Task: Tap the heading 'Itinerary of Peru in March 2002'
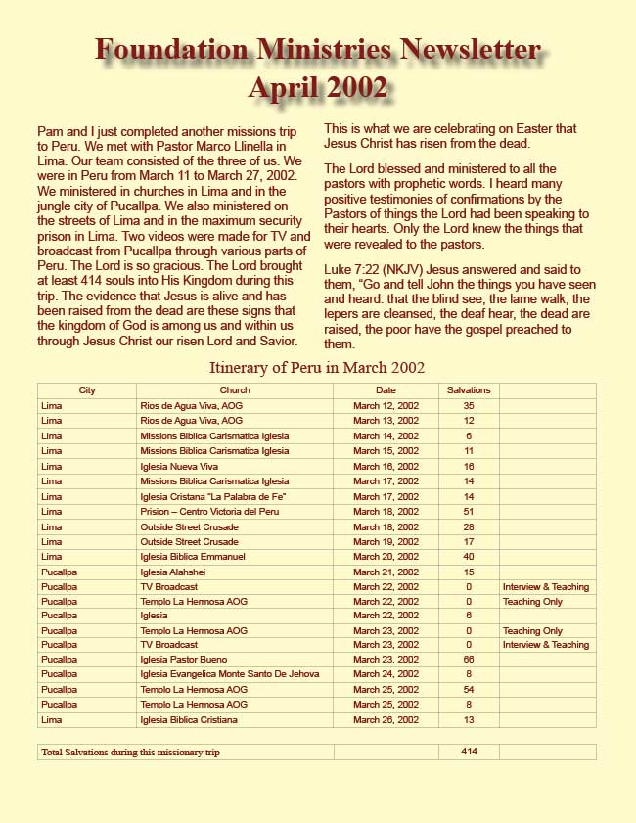[x=317, y=368]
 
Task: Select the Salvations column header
[x=469, y=390]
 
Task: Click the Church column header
[x=235, y=390]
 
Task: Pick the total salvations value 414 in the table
[x=469, y=752]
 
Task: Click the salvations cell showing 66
[x=469, y=661]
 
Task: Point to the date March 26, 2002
[x=386, y=720]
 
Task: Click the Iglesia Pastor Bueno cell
[x=182, y=661]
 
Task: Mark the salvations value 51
[x=469, y=511]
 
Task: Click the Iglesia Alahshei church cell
[x=176, y=571]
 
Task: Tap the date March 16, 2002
[x=386, y=466]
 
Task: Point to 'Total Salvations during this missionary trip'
[x=130, y=752]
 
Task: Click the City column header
[x=87, y=390]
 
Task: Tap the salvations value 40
[x=469, y=556]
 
